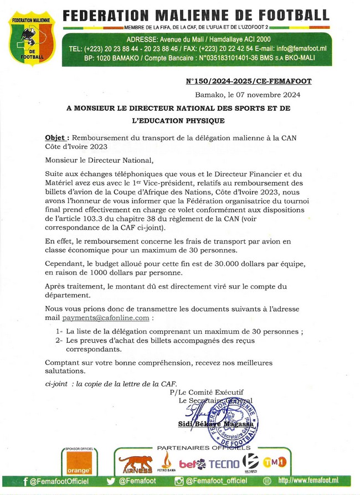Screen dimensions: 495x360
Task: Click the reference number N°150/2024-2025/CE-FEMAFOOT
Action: (248, 81)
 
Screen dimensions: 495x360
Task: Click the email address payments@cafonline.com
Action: (106, 318)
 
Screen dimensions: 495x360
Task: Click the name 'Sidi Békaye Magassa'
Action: (215, 424)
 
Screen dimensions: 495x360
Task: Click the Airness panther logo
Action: (135, 464)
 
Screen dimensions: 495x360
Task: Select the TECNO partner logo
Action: (224, 464)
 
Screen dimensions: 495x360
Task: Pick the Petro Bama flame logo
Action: (165, 461)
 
